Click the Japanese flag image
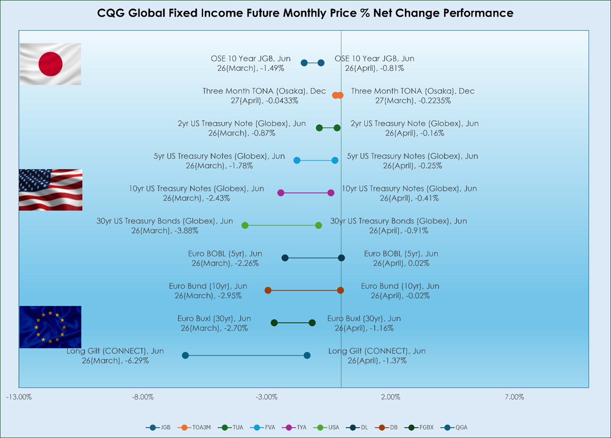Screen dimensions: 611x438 (50, 64)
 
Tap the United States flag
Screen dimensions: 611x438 (51, 190)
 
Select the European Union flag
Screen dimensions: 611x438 (50, 327)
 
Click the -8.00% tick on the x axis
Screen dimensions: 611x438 (143, 397)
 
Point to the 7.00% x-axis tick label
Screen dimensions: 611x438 (514, 397)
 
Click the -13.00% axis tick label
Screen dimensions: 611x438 (19, 397)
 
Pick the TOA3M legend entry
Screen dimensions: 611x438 (194, 427)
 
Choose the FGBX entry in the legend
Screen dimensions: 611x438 (419, 427)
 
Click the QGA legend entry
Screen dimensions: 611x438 (454, 427)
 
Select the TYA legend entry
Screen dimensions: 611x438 (294, 427)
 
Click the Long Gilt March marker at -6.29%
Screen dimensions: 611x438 (185, 355)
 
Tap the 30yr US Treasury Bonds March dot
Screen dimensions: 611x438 (245, 225)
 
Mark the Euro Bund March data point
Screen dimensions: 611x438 (268, 291)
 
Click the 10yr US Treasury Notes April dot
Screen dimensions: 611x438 (331, 193)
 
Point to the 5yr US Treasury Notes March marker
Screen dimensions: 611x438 (297, 160)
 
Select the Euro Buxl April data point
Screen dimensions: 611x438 (312, 323)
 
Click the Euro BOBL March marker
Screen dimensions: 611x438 (285, 258)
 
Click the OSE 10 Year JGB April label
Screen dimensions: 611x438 (375, 63)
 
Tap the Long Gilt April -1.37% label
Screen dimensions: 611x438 (377, 356)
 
